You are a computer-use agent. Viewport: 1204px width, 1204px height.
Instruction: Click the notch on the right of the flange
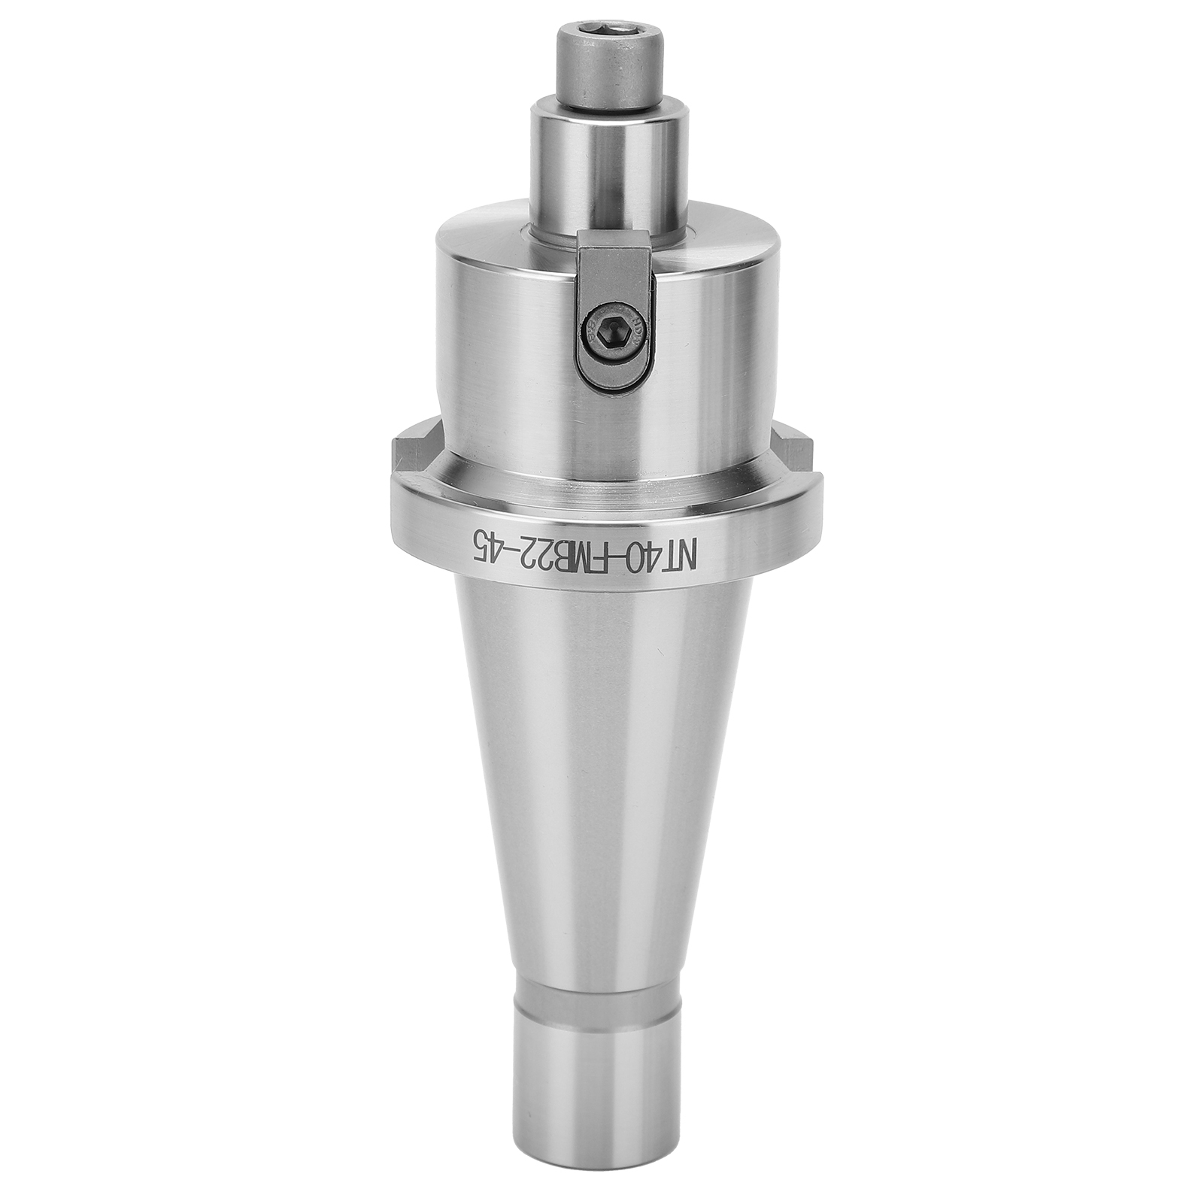click(x=795, y=448)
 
